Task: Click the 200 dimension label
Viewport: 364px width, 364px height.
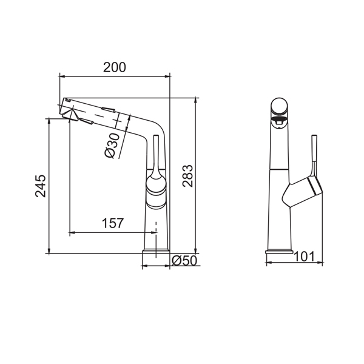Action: (115, 67)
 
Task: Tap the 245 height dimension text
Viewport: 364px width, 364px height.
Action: (41, 186)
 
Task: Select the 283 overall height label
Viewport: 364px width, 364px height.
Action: (187, 176)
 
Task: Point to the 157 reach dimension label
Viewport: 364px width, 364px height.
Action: (113, 223)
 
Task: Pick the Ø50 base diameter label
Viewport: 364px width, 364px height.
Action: (184, 260)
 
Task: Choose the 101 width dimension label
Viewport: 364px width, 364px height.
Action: (305, 257)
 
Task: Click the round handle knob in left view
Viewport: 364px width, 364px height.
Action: (157, 186)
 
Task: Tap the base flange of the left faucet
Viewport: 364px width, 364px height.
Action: (156, 251)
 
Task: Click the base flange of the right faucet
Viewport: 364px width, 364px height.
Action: (279, 251)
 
